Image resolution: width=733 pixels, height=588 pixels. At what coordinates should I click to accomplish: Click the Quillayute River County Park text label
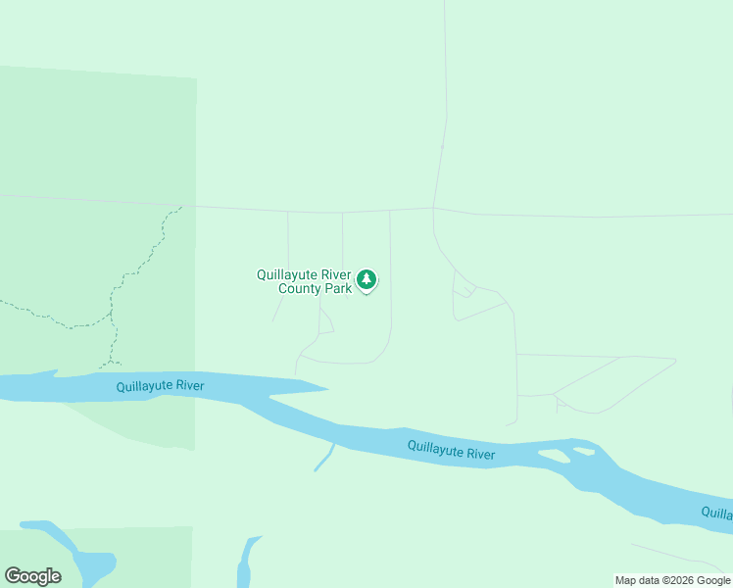304,281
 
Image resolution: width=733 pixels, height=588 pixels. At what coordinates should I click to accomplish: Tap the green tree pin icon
366,280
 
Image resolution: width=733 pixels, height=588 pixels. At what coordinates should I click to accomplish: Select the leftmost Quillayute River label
160,386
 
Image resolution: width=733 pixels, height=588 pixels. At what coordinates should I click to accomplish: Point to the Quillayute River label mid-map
452,451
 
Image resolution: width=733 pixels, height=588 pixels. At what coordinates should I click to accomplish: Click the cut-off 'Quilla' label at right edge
716,513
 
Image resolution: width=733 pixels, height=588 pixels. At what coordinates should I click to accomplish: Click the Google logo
32,576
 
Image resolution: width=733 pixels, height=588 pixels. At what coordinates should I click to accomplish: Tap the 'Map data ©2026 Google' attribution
672,580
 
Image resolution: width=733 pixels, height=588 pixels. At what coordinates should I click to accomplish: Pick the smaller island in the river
584,451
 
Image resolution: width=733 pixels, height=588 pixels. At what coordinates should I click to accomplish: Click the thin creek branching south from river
324,459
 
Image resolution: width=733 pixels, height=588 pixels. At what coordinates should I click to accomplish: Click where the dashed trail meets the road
181,207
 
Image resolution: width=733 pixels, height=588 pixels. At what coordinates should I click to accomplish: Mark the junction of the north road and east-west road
434,207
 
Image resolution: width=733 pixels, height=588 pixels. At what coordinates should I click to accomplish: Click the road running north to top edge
445,78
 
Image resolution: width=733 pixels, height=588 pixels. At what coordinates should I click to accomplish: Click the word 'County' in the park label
301,288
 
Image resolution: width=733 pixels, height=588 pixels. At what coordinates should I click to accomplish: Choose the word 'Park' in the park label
338,288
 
